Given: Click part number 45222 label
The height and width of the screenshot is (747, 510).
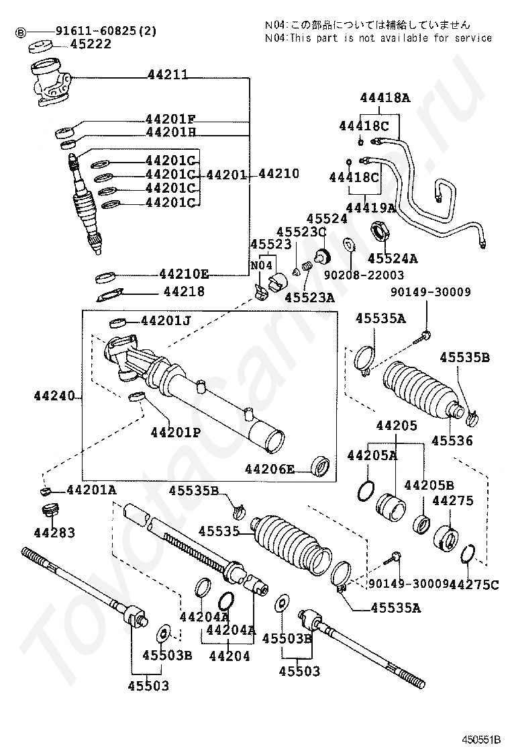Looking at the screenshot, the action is [x=91, y=44].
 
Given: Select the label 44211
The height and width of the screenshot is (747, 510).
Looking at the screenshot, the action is [x=168, y=75].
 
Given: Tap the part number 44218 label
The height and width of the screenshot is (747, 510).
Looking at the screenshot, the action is [x=184, y=291].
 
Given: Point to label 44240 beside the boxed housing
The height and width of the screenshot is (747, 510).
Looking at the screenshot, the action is [x=54, y=396].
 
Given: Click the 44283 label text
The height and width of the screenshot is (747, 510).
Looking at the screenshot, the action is [x=54, y=532].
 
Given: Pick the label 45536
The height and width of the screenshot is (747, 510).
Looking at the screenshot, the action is [x=452, y=441].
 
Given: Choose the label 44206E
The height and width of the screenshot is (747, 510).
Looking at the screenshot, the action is [x=270, y=470].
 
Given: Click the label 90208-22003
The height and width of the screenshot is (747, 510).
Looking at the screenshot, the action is [x=364, y=275].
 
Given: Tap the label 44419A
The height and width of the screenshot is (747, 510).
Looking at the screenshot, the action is [x=370, y=208].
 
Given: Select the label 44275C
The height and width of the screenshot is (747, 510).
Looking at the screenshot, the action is [x=474, y=584].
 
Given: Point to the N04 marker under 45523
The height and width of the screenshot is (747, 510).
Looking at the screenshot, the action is [x=261, y=265].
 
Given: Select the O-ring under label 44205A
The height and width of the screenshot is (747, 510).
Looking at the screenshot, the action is [x=366, y=490].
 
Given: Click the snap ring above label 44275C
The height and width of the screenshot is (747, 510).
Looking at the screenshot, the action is [x=468, y=554].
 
